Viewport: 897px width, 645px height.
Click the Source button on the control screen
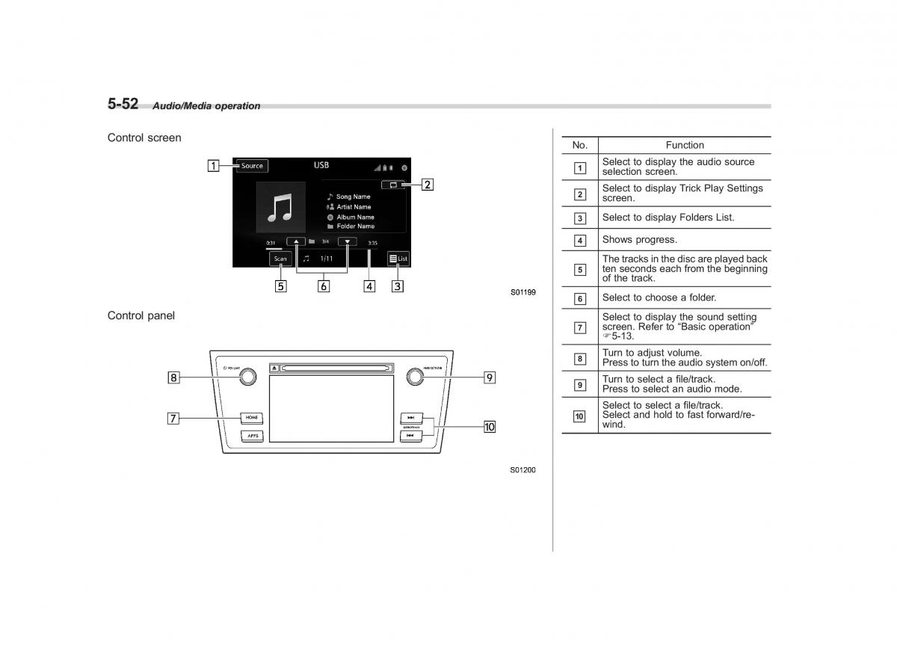point(252,166)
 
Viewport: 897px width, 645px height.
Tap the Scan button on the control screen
point(280,259)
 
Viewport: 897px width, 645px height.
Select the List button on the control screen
point(398,259)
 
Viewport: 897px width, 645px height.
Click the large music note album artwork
point(280,206)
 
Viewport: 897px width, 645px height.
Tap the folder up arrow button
point(296,242)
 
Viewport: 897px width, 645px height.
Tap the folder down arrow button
point(348,242)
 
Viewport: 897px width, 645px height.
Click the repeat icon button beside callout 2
point(392,184)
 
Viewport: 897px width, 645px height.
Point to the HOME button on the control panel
point(251,417)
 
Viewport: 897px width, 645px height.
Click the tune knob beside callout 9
point(414,377)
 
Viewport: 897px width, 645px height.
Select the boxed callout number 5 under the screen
point(280,286)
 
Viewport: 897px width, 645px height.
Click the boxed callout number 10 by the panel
point(489,427)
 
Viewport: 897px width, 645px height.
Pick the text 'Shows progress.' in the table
point(639,240)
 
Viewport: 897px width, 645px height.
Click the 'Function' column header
point(684,145)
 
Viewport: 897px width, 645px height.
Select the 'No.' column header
point(579,145)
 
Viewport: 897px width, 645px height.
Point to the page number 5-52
point(123,104)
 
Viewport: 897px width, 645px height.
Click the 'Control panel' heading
point(141,315)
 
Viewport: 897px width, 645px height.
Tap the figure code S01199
point(523,292)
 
